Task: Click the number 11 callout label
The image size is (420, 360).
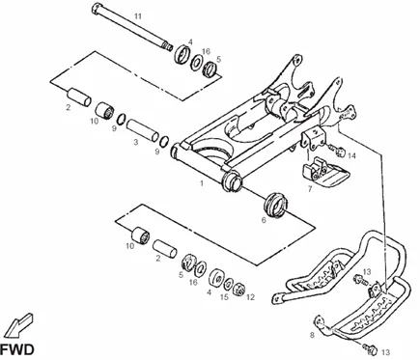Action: [x=138, y=16]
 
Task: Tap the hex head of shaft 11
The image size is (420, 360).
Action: [x=97, y=8]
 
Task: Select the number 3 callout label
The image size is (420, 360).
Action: [x=136, y=142]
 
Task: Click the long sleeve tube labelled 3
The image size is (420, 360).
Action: [x=142, y=130]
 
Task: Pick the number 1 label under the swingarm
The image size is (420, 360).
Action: [x=202, y=183]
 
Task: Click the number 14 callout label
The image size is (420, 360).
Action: [x=352, y=156]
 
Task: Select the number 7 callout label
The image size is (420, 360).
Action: [x=310, y=189]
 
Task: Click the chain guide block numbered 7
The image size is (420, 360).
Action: [x=325, y=171]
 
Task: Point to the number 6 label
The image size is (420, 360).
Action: [x=264, y=220]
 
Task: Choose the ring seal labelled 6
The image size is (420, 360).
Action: [x=275, y=204]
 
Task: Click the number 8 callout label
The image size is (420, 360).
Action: [x=312, y=335]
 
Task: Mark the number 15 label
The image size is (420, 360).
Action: [x=224, y=296]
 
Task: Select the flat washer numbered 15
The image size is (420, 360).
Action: [x=229, y=283]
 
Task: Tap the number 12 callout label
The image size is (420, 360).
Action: [x=250, y=297]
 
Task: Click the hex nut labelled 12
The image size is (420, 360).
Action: [x=239, y=288]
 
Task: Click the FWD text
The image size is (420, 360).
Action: [x=17, y=349]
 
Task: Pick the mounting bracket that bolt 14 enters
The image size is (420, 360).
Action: [x=314, y=138]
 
